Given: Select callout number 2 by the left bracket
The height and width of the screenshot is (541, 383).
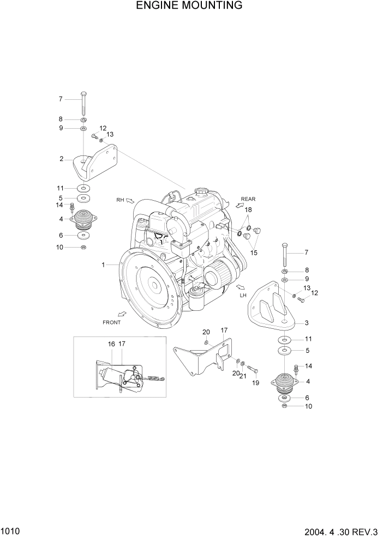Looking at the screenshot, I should click(x=62, y=159).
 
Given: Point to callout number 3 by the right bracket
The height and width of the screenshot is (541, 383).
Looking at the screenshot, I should click(x=307, y=323).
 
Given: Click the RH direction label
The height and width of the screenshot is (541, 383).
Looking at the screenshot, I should click(x=120, y=200).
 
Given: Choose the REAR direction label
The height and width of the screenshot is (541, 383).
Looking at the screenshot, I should click(x=248, y=199).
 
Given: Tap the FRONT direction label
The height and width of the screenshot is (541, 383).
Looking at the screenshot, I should click(x=111, y=322).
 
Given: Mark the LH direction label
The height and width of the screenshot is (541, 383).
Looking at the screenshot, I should click(x=243, y=295).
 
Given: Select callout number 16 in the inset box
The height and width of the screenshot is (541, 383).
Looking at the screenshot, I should click(x=111, y=344).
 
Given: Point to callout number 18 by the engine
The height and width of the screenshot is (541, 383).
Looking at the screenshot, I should click(x=248, y=210).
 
